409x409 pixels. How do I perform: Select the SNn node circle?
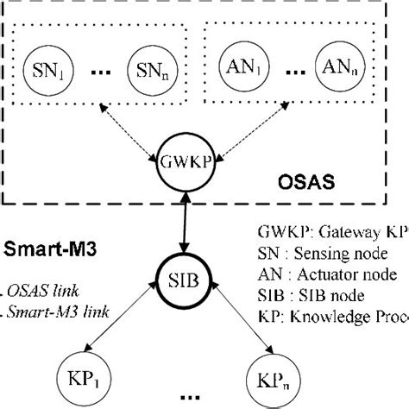click(152, 66)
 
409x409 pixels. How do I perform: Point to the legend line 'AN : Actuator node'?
click(328, 274)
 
